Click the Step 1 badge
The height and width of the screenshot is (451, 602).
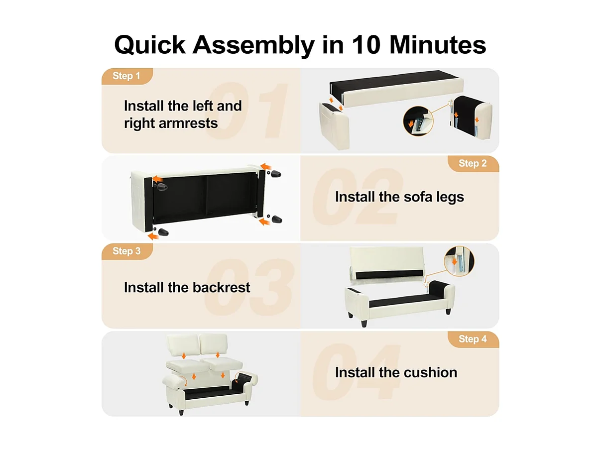point(127,76)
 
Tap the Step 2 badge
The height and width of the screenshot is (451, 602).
point(473,164)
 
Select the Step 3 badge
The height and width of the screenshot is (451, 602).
point(127,251)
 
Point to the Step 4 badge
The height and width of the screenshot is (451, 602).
point(473,339)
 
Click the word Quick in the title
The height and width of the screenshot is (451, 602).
point(150,45)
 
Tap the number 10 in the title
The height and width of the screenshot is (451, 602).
point(366,45)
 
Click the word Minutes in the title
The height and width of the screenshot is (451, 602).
point(438,45)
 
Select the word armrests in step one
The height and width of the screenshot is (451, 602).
point(188,123)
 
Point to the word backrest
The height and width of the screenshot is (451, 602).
point(221,287)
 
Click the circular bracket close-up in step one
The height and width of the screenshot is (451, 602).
point(418,121)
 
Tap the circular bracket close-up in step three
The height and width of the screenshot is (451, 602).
point(459,261)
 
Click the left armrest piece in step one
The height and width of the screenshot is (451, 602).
point(334,125)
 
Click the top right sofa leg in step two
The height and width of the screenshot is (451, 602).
point(276,174)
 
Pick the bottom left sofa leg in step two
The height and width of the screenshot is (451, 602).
point(163,232)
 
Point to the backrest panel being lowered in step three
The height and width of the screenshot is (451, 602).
point(387,263)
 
